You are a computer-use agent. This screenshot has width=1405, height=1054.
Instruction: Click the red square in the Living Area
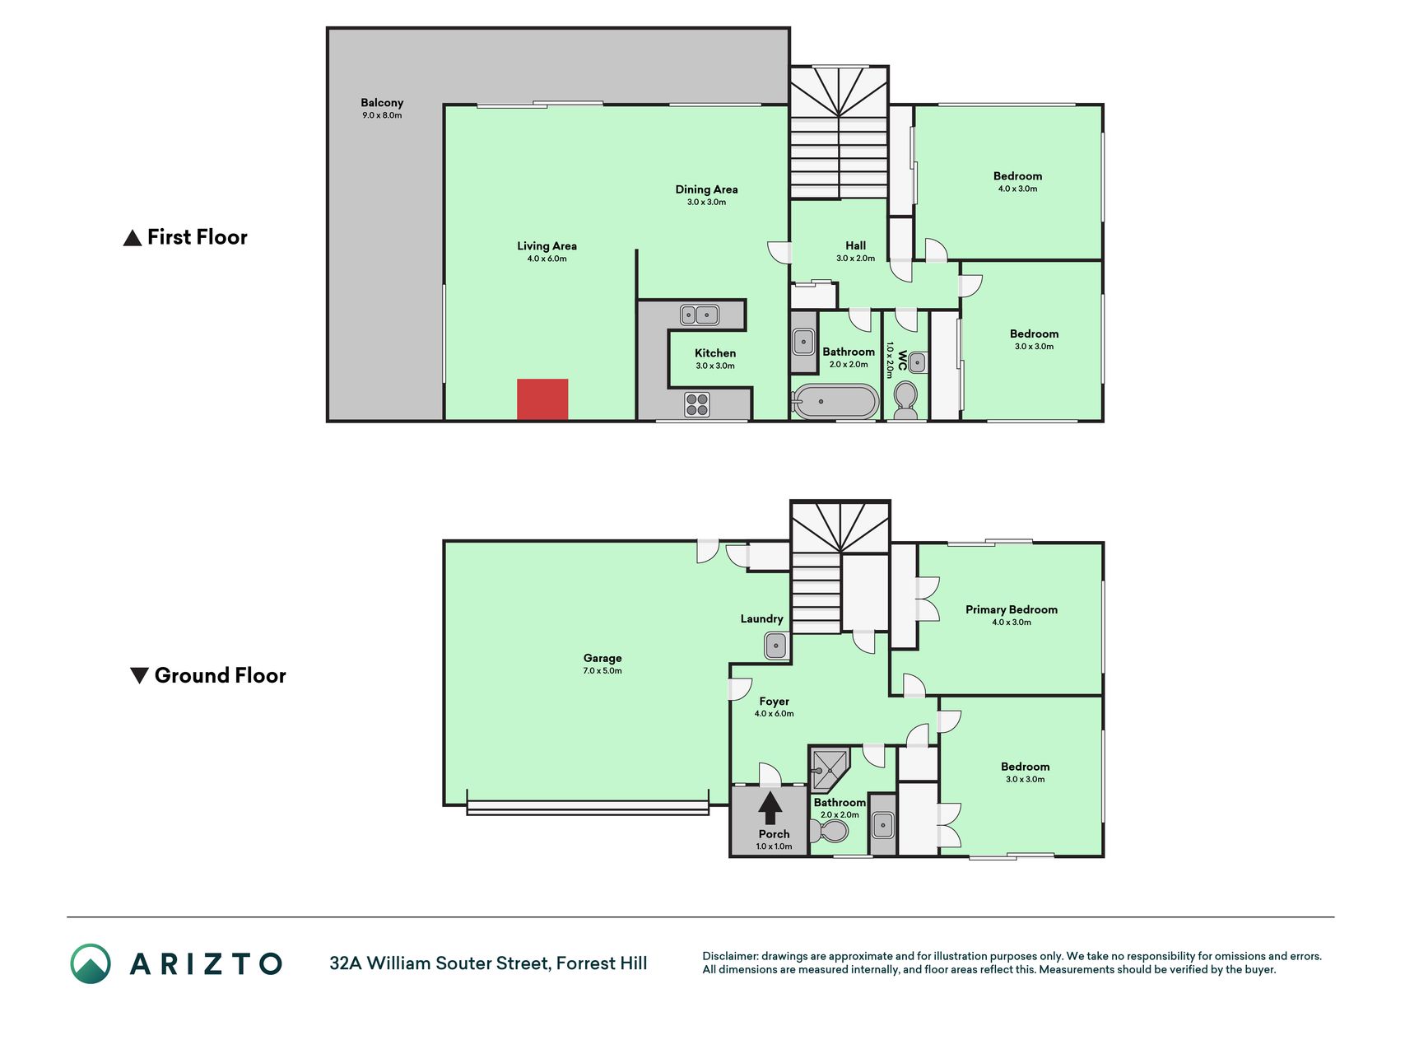coord(542,399)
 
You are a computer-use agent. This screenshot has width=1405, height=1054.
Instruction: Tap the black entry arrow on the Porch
coord(770,808)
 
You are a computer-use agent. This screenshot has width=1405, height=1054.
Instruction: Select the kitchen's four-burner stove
coord(697,404)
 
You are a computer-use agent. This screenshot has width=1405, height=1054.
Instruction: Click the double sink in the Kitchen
coord(699,315)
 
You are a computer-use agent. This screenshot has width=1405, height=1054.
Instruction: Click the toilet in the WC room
coord(905,399)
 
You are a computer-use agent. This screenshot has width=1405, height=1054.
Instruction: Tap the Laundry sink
coord(776,646)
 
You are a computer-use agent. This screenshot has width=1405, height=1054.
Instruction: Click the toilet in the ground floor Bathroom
coord(830,830)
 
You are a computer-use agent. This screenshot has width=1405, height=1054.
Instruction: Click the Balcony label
coord(382,103)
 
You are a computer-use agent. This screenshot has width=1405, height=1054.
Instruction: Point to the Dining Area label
coord(706,189)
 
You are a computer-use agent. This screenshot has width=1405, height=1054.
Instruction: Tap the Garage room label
coord(602,658)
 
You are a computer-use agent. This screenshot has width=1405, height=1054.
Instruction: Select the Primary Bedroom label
coord(1012,609)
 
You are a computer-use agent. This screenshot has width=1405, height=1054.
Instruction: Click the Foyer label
coord(774,702)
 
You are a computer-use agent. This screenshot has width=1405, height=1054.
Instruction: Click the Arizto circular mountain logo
coord(91,963)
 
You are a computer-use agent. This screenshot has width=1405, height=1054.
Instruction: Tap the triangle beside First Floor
coord(133,239)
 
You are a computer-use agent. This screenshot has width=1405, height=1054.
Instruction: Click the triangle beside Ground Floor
coord(140,675)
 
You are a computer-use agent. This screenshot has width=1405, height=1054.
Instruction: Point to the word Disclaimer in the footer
coord(730,956)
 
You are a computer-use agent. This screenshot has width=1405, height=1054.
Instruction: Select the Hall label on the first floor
coord(855,245)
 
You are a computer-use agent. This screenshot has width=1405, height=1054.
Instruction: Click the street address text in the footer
coord(488,963)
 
